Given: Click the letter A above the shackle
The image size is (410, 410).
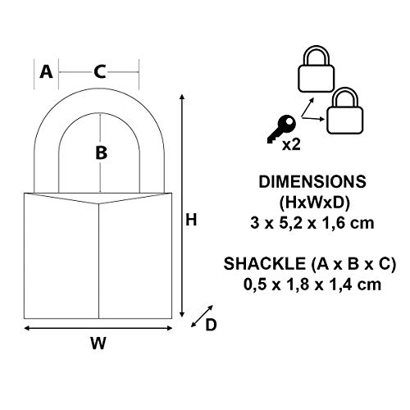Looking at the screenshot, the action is coord(46,72).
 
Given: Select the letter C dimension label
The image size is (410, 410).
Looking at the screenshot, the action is coord(100,72).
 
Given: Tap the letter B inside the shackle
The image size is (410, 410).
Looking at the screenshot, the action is coord(101,153).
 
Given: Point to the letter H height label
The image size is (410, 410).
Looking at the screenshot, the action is coord(191,220).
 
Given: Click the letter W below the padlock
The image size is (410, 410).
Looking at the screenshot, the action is coord(98,343).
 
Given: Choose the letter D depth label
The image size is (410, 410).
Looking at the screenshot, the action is coord(211,325).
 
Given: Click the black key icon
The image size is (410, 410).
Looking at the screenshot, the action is coord(281,129).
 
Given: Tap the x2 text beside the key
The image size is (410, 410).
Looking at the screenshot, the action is coord(291,144).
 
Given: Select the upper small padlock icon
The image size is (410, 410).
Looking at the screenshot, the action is coord(316,69).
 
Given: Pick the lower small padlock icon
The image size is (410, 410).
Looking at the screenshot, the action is coord(345,111).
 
